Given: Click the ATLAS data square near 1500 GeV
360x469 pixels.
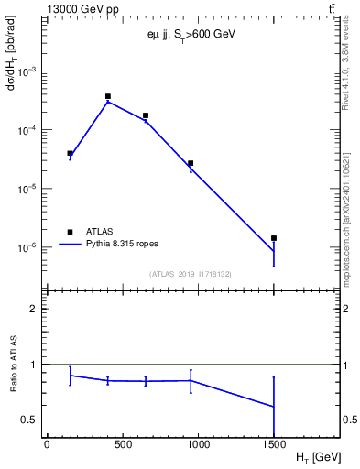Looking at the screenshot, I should point(274,238).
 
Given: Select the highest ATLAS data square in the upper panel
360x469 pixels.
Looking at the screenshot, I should point(108,96).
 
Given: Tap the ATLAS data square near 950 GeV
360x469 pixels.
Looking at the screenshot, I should point(191,163).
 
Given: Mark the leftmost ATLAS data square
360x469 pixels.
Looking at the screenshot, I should point(70,153).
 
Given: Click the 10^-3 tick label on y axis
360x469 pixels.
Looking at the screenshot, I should point(27,71).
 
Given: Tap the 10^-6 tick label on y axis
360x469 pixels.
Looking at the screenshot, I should point(27,247).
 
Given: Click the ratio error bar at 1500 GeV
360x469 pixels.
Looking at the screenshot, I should point(274,407).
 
